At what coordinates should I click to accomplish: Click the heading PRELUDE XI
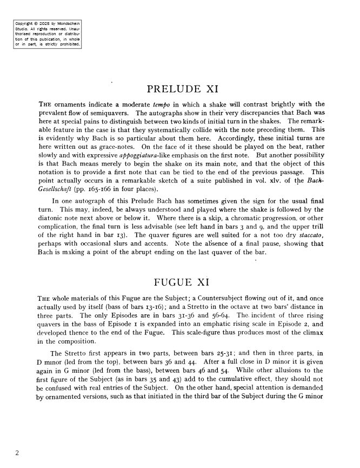click(x=182, y=89)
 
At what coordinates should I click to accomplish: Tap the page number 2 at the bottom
click(x=17, y=453)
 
